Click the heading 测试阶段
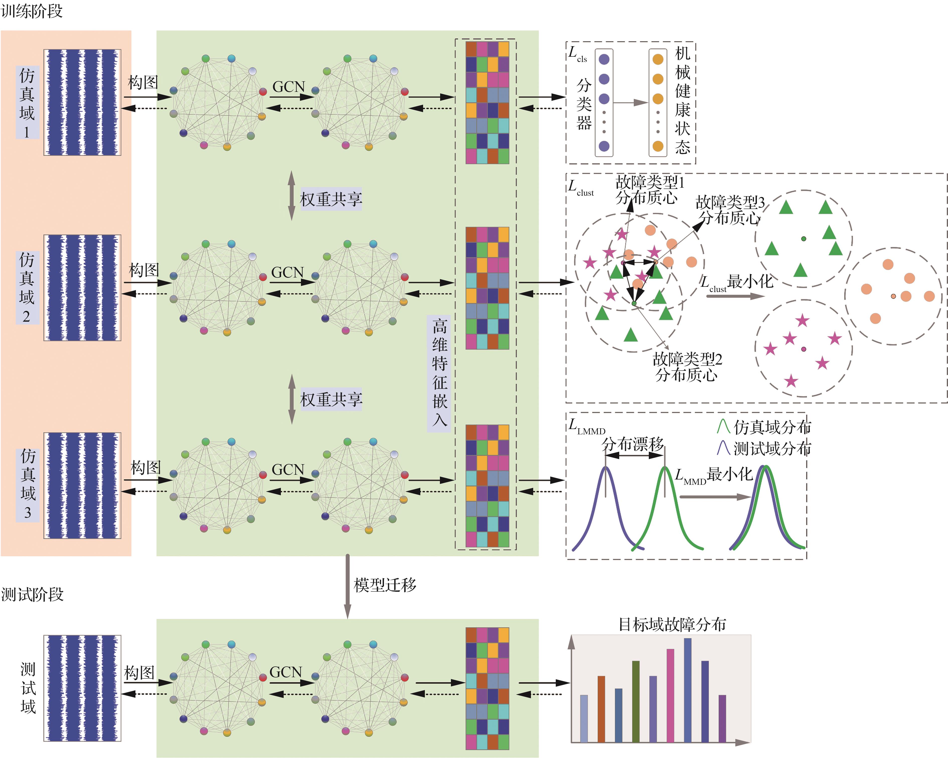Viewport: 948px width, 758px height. click(x=32, y=594)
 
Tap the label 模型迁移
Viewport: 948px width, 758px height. click(x=385, y=585)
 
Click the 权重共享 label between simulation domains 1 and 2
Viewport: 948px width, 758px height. click(x=331, y=199)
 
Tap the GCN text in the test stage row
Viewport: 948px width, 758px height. click(x=286, y=672)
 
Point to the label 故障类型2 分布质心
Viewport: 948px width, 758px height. click(x=687, y=367)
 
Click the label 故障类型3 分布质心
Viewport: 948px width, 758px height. click(x=730, y=210)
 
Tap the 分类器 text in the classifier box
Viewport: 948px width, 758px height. click(x=584, y=104)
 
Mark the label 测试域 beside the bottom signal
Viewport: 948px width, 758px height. click(x=28, y=687)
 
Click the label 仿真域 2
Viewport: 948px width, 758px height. click(x=27, y=288)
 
